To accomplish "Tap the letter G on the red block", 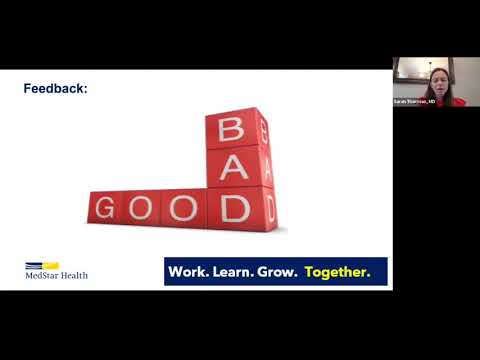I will click(104, 208).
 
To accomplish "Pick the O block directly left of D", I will click(182, 208).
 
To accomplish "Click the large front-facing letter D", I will click(235, 208).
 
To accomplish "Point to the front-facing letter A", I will click(233, 167).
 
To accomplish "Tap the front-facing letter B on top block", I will click(231, 129).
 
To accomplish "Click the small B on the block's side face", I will click(265, 127).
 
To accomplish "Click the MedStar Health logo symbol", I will click(42, 265).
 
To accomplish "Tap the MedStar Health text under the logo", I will click(56, 275).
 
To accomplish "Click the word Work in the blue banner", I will click(188, 271).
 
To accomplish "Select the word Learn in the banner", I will click(233, 271).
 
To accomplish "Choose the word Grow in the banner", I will click(279, 271).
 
